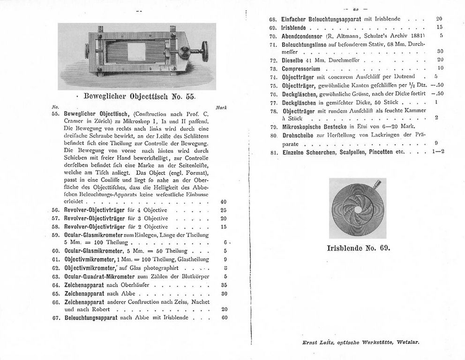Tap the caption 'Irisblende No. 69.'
coord(359,247)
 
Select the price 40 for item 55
coord(224,202)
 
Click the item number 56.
coord(55,210)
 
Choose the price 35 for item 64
coord(224,285)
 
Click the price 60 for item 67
coord(224,317)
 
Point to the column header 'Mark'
coord(221,107)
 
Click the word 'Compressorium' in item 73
coord(300,68)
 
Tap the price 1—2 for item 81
coord(438,151)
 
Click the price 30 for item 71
coord(440,52)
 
